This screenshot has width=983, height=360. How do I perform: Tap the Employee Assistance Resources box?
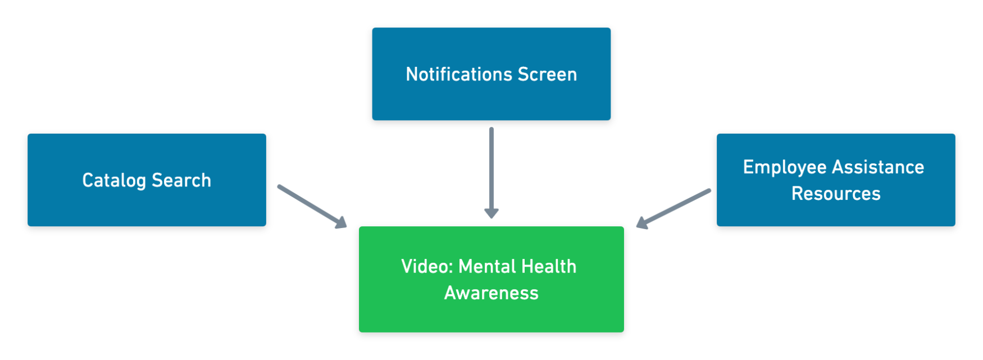[836, 213]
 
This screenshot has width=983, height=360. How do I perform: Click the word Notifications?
[459, 74]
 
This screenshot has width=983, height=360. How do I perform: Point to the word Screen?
[547, 74]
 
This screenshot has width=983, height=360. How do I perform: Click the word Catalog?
[114, 180]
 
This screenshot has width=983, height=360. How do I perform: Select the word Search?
[181, 180]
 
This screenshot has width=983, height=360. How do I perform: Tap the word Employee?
[785, 167]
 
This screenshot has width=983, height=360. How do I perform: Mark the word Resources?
[836, 194]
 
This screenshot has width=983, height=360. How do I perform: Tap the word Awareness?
[491, 293]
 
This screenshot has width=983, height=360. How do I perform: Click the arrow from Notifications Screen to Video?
[491, 168]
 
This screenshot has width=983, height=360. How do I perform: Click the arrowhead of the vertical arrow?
[491, 213]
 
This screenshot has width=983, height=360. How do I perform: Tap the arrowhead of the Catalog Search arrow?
[340, 222]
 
